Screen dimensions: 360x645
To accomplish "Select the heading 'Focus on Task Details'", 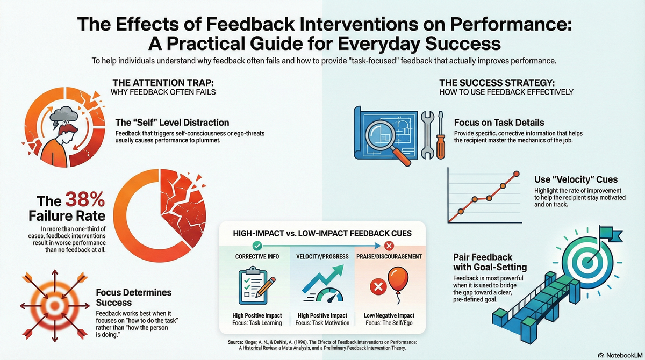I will (499, 122).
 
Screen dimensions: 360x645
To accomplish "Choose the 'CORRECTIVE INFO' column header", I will (256, 257).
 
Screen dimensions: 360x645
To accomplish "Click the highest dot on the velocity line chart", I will (517, 174).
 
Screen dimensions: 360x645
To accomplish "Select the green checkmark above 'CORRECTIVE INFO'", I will (256, 246).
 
